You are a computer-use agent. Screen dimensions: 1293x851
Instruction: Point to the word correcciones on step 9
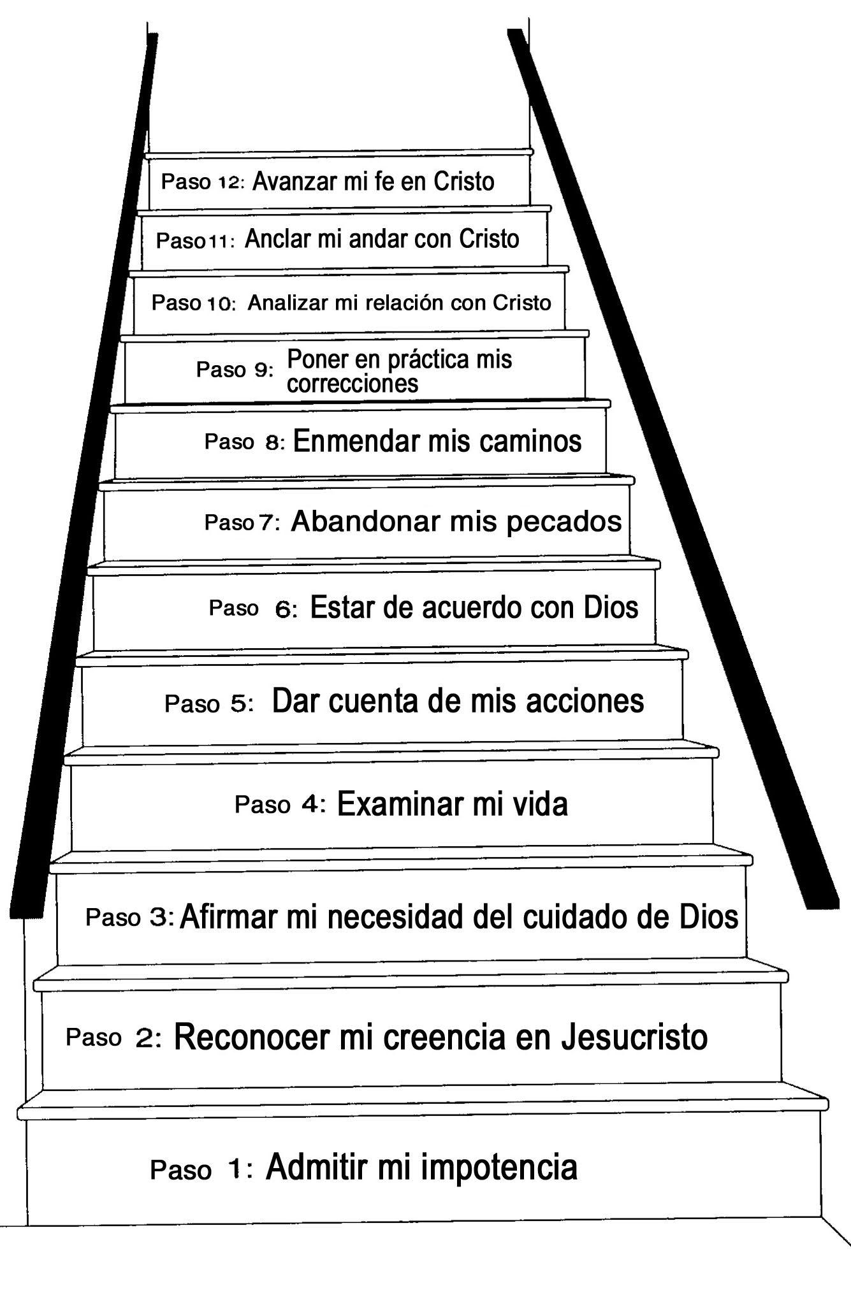tap(353, 384)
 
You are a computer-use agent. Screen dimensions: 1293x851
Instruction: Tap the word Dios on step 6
tap(611, 607)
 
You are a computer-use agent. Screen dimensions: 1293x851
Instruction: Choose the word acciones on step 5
tap(590, 701)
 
